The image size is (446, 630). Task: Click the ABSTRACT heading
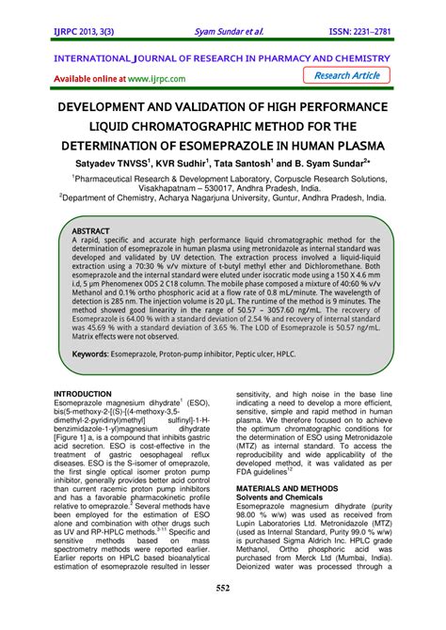[91, 228]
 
